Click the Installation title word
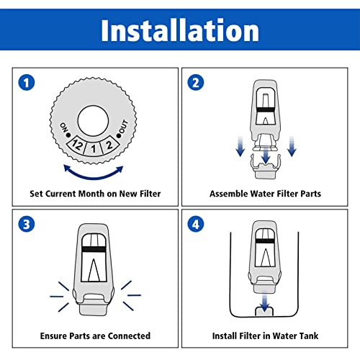(x=180, y=30)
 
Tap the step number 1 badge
(x=27, y=83)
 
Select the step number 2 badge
(x=196, y=83)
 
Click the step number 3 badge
(x=27, y=224)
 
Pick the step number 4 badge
(x=196, y=224)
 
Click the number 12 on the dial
(x=78, y=145)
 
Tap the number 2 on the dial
(x=109, y=145)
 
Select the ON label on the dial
(x=64, y=127)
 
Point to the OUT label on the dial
(x=123, y=127)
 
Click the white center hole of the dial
(x=93, y=120)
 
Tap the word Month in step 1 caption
(x=91, y=194)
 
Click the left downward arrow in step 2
(x=240, y=145)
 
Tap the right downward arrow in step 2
(x=292, y=145)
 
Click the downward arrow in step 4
(x=264, y=301)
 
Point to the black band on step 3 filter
(x=94, y=249)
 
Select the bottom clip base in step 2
(x=265, y=167)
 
